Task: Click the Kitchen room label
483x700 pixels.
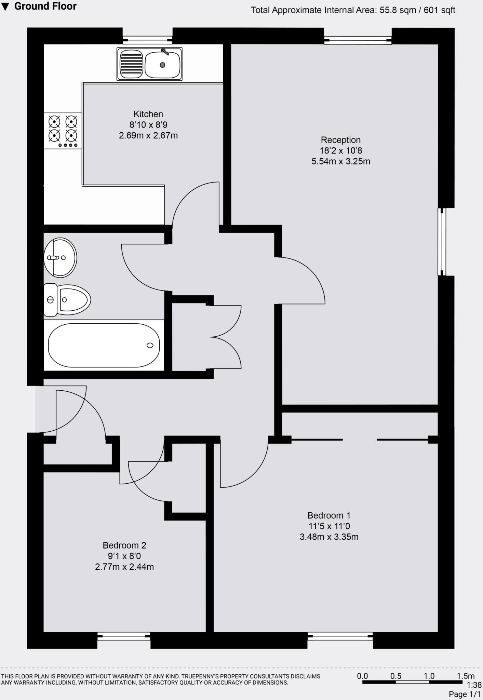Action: [148, 114]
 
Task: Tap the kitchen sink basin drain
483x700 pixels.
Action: [163, 65]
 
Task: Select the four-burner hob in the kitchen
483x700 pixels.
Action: [63, 131]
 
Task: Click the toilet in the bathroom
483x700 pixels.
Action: [68, 300]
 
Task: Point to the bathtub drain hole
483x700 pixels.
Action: [150, 345]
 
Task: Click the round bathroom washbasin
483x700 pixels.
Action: [61, 257]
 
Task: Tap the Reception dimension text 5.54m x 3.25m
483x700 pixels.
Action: [340, 161]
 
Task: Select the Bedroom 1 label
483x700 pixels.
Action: [329, 515]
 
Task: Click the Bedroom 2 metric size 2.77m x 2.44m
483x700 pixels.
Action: [124, 567]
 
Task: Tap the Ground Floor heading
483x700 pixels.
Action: [45, 6]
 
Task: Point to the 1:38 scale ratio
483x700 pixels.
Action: [474, 685]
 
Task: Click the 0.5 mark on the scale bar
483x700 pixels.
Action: [395, 676]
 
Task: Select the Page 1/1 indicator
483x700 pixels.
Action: [464, 694]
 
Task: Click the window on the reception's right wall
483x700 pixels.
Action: [442, 242]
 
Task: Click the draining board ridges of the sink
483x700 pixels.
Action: [132, 64]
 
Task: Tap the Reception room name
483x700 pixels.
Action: [340, 140]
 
